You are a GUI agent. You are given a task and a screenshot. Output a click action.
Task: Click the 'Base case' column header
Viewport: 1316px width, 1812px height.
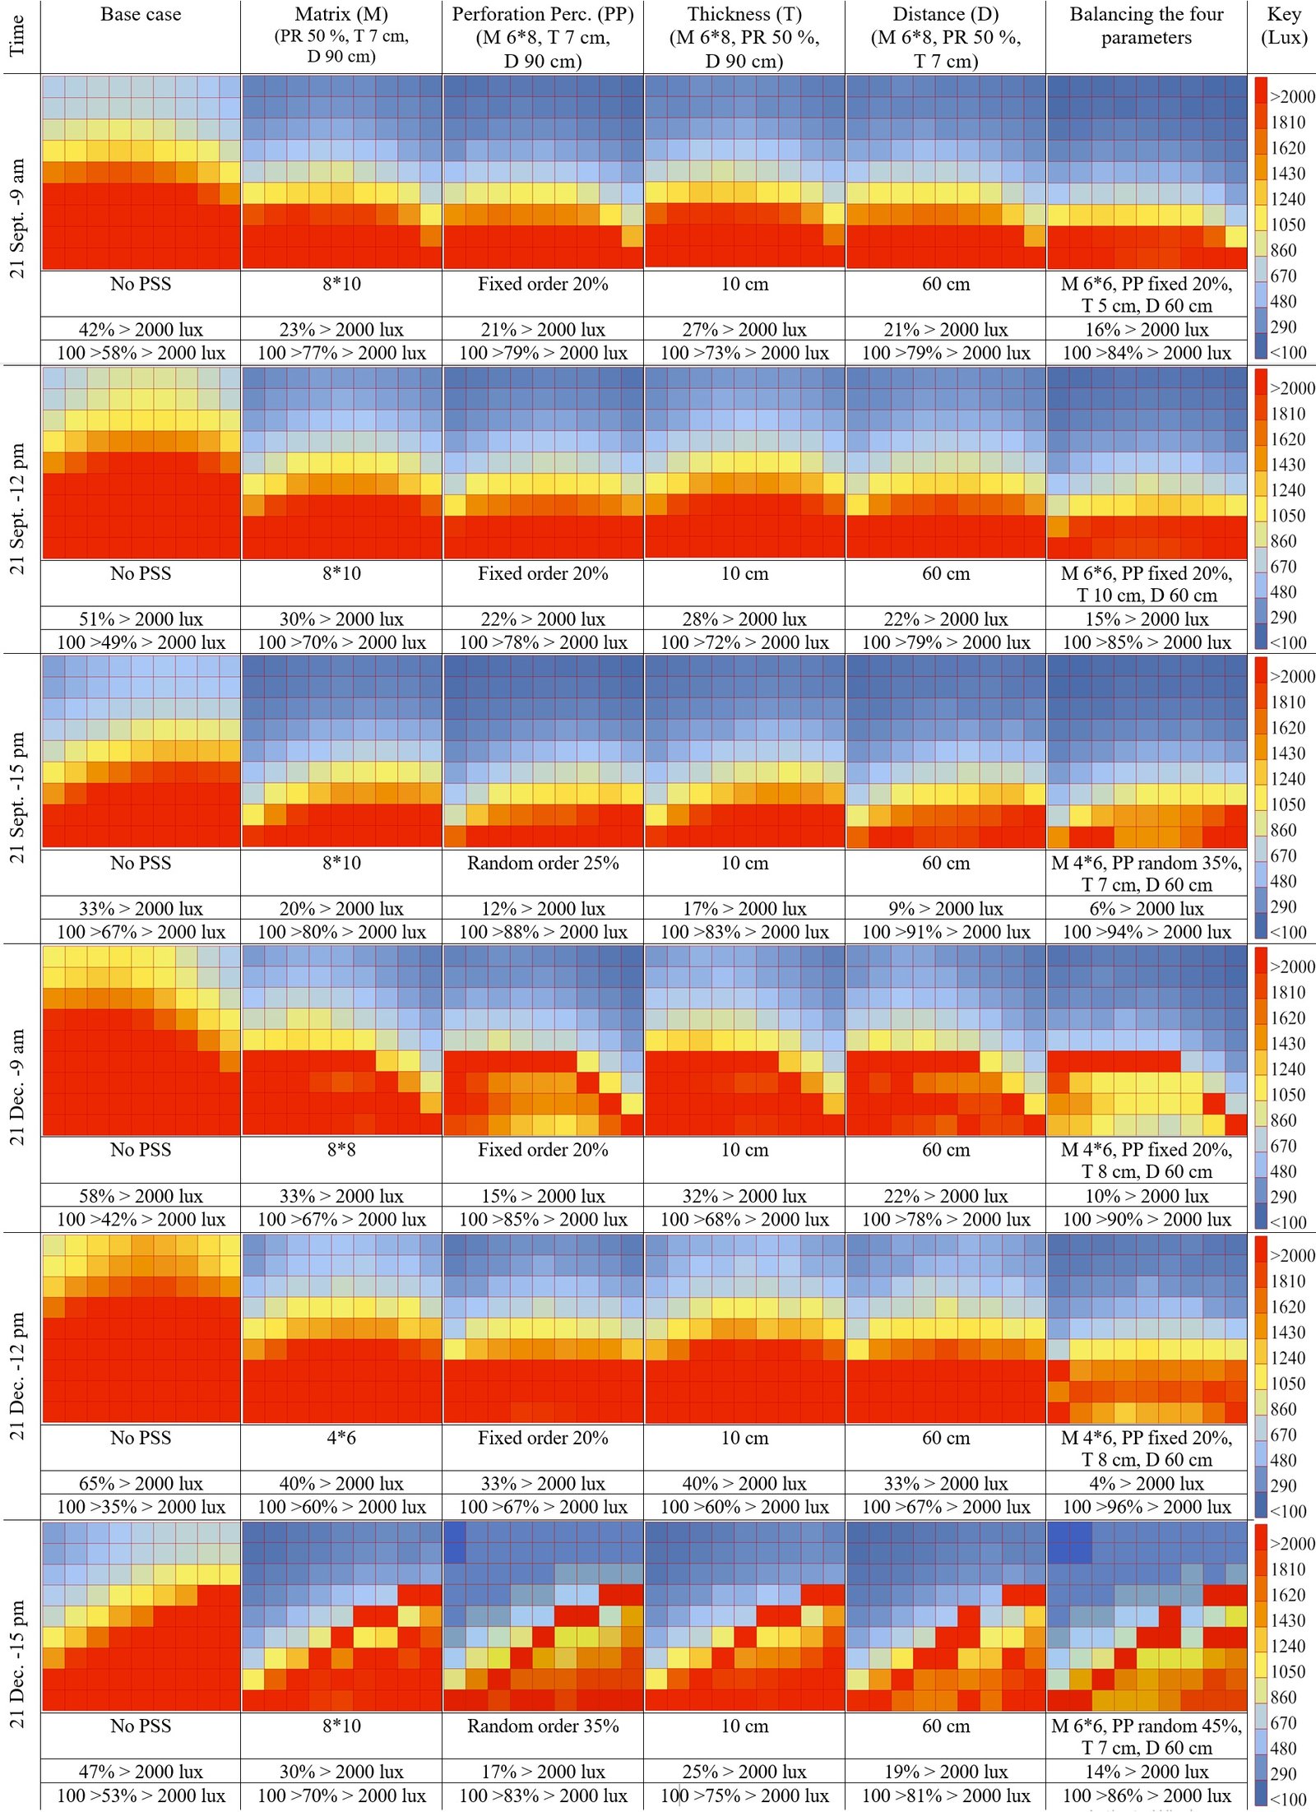tap(141, 15)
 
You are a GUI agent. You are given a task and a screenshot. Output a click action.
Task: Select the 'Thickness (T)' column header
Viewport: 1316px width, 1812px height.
tap(744, 15)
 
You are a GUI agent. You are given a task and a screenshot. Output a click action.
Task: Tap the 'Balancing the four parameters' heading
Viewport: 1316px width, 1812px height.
tap(1147, 25)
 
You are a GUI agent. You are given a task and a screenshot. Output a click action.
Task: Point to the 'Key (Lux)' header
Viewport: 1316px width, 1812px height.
tap(1283, 25)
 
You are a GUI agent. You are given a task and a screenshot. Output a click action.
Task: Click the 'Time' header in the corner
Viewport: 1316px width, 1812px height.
tap(17, 36)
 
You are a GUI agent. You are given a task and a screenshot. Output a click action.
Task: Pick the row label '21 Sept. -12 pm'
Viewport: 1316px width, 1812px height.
tap(17, 508)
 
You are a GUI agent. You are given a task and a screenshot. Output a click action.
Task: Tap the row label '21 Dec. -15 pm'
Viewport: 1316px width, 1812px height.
tap(17, 1664)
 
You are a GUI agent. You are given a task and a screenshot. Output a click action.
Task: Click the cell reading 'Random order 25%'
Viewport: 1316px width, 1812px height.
tap(543, 863)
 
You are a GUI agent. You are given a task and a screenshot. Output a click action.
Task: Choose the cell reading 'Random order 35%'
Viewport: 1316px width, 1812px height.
tap(543, 1726)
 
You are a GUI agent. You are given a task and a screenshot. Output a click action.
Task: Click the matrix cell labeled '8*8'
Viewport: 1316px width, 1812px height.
tap(341, 1149)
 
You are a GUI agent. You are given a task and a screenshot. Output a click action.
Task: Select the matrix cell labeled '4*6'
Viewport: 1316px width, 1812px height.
tap(341, 1437)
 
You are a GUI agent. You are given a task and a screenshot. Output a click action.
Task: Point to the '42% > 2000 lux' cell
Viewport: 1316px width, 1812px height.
tap(141, 330)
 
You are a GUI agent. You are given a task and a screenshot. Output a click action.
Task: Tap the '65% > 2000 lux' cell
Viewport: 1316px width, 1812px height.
tap(141, 1483)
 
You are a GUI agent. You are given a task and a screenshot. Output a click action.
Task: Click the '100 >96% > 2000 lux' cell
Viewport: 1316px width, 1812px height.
tap(1147, 1506)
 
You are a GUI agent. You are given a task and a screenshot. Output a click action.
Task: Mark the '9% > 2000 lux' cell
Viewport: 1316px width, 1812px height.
tap(945, 909)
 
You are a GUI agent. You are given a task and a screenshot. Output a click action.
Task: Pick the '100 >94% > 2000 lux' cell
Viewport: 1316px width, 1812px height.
tap(1147, 932)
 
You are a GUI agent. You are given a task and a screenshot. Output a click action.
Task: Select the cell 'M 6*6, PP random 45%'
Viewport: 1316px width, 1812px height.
tap(1147, 1726)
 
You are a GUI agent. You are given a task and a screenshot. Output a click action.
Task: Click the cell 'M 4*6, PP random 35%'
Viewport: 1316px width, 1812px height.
tap(1147, 863)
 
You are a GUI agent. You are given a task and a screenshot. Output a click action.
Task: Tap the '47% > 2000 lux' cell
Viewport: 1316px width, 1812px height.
tap(141, 1771)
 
